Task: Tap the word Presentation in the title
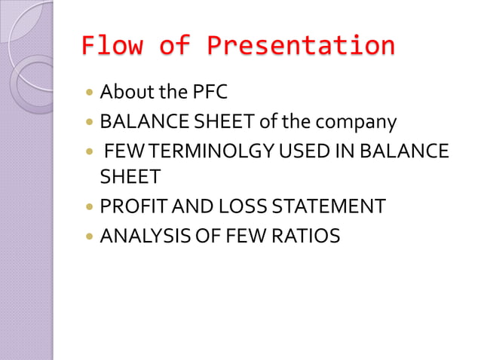click(x=299, y=46)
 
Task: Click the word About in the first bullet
click(x=125, y=93)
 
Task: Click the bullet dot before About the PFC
click(x=90, y=94)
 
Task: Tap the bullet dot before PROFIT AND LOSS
click(x=90, y=206)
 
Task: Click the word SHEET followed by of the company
click(x=218, y=121)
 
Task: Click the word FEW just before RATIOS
click(x=240, y=236)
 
